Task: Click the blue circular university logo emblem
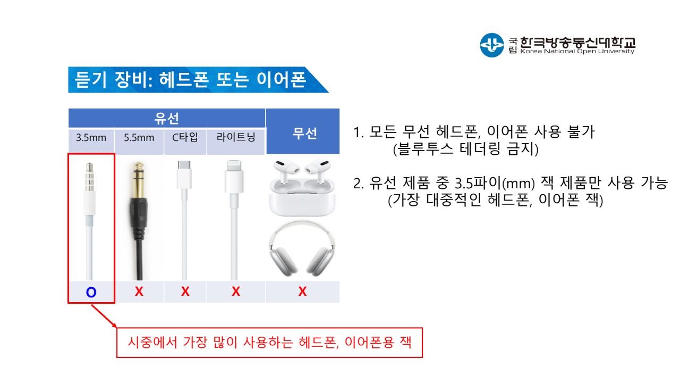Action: [492, 45]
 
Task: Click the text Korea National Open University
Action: [577, 52]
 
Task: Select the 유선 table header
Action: [167, 118]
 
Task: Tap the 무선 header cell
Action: [304, 133]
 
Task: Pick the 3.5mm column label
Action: [91, 138]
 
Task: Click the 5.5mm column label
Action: [139, 138]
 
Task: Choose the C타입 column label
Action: [185, 137]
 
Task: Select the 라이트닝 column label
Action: [236, 137]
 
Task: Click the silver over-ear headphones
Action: [302, 249]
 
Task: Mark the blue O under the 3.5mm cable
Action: [91, 293]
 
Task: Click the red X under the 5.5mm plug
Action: [139, 292]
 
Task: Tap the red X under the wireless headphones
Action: [302, 292]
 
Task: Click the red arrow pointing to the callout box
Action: [104, 317]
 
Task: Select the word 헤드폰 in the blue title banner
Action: [184, 80]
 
